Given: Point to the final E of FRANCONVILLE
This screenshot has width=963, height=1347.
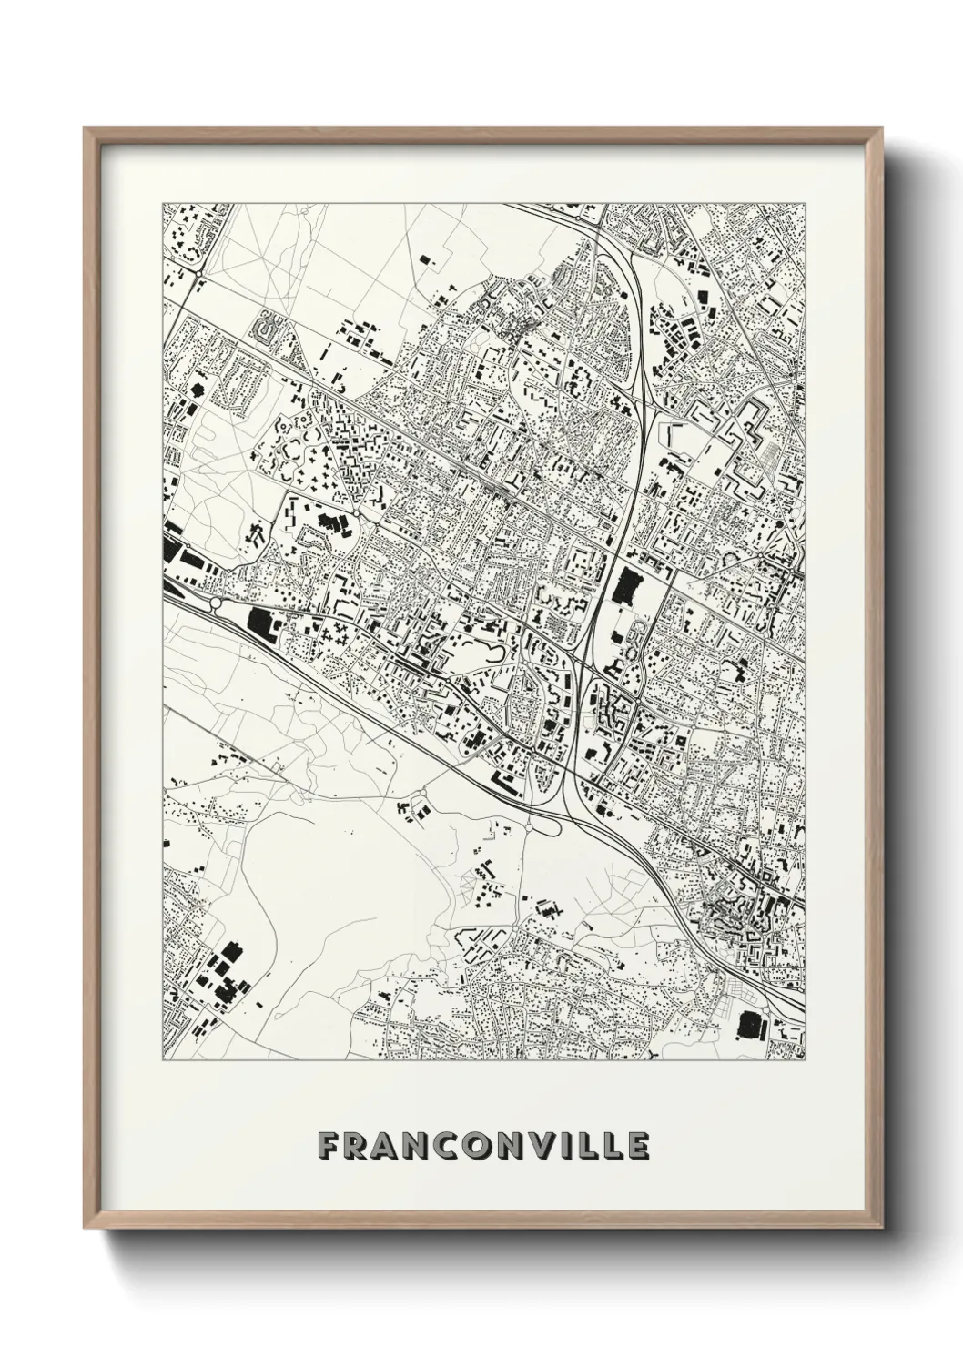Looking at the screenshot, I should pos(638,1147).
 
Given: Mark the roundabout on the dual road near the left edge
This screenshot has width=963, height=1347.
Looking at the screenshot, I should pos(217,602).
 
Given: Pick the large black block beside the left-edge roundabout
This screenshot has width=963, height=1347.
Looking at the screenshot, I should pos(259,624).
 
